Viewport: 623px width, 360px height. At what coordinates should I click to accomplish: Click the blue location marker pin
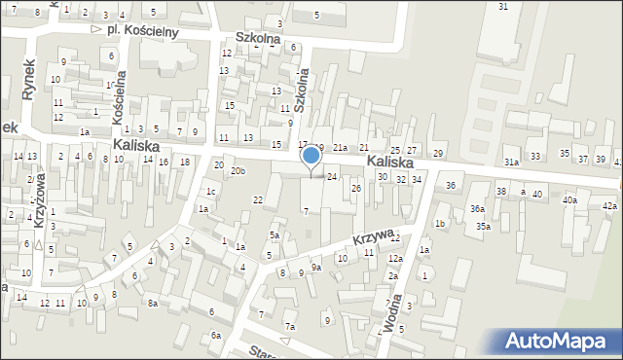311,157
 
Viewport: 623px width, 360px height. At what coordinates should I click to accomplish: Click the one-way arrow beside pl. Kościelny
95,29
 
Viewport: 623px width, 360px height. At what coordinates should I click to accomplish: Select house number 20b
238,172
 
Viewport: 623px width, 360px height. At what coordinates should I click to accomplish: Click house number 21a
340,147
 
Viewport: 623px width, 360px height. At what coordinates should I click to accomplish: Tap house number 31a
511,162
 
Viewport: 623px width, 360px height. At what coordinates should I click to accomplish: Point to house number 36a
477,209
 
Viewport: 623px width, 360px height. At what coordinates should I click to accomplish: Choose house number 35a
483,226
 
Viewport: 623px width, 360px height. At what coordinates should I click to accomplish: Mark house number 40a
569,199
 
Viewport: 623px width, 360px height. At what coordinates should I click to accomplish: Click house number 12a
394,258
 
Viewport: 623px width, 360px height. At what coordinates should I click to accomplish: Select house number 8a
153,304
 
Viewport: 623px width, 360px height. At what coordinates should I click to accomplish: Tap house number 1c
210,191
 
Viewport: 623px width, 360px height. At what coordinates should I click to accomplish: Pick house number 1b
439,225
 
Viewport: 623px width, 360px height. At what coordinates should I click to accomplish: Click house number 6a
216,335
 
